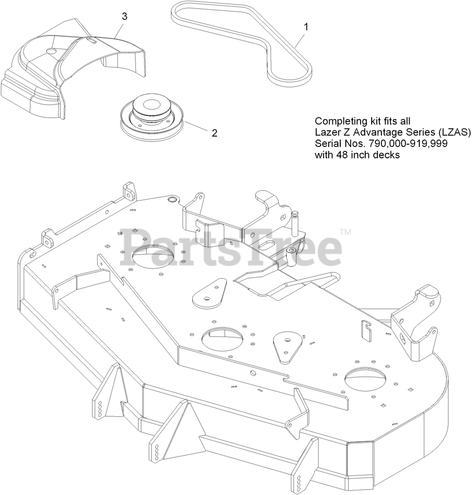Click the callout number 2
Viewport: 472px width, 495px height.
point(214,133)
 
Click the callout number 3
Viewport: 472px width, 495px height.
point(124,16)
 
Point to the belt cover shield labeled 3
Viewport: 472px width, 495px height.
point(69,69)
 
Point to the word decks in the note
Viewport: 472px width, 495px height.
point(386,155)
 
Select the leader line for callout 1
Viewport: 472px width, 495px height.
point(298,39)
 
